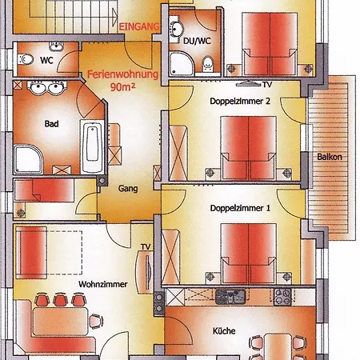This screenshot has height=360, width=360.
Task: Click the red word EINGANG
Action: pyautogui.click(x=139, y=26)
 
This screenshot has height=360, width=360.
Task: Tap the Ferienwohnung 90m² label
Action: pyautogui.click(x=123, y=81)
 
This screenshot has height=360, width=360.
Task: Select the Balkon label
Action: pyautogui.click(x=330, y=157)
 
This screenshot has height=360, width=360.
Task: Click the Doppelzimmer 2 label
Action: pyautogui.click(x=240, y=101)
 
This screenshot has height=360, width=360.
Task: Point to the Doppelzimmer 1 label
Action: pyautogui.click(x=240, y=208)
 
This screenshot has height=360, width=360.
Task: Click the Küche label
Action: pyautogui.click(x=224, y=331)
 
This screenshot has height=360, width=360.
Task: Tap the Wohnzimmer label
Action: pyautogui.click(x=103, y=284)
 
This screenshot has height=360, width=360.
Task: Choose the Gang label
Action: pyautogui.click(x=128, y=189)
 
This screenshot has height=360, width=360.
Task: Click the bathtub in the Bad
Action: pyautogui.click(x=92, y=146)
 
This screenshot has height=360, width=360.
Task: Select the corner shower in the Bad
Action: pyautogui.click(x=28, y=159)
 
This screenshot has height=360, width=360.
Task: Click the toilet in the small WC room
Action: pyautogui.click(x=26, y=59)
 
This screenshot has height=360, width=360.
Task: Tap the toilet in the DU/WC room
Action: pyautogui.click(x=208, y=63)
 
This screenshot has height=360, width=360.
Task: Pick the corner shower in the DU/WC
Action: pyautogui.click(x=181, y=63)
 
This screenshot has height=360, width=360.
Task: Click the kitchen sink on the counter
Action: pyautogui.click(x=230, y=297)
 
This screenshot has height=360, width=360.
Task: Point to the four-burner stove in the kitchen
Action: pyautogui.click(x=282, y=297)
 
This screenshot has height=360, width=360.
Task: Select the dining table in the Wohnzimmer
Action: pyautogui.click(x=60, y=322)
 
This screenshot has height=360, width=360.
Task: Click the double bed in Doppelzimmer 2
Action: pyautogui.click(x=249, y=148)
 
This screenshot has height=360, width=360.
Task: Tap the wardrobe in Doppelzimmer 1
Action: pyautogui.click(x=170, y=257)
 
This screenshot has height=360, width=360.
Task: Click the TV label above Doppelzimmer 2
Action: pyautogui.click(x=267, y=85)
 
